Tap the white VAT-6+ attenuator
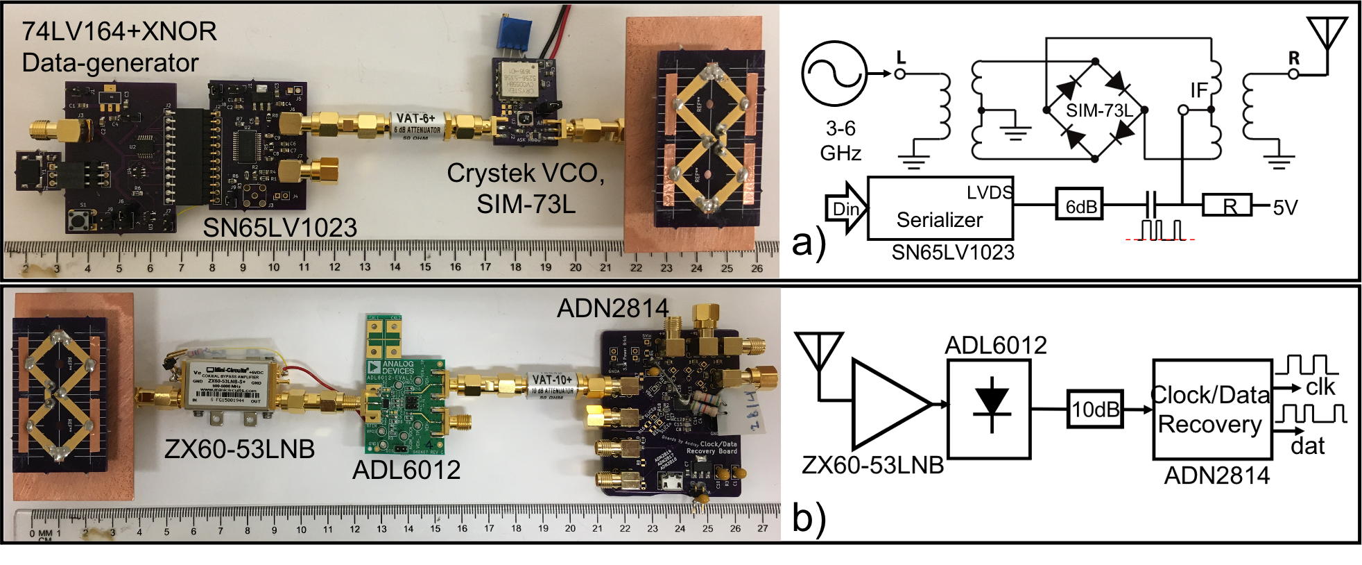[417, 126]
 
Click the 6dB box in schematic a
[1080, 206]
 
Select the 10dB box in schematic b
[1095, 410]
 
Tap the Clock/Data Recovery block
[1212, 410]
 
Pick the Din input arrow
[845, 208]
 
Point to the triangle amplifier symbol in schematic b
[888, 404]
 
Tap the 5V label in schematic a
[1284, 208]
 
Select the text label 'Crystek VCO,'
[525, 174]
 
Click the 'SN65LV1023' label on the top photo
[279, 228]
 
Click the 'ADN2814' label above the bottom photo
[613, 308]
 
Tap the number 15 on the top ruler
[425, 267]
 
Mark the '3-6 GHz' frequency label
[840, 140]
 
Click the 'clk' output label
[1320, 387]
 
